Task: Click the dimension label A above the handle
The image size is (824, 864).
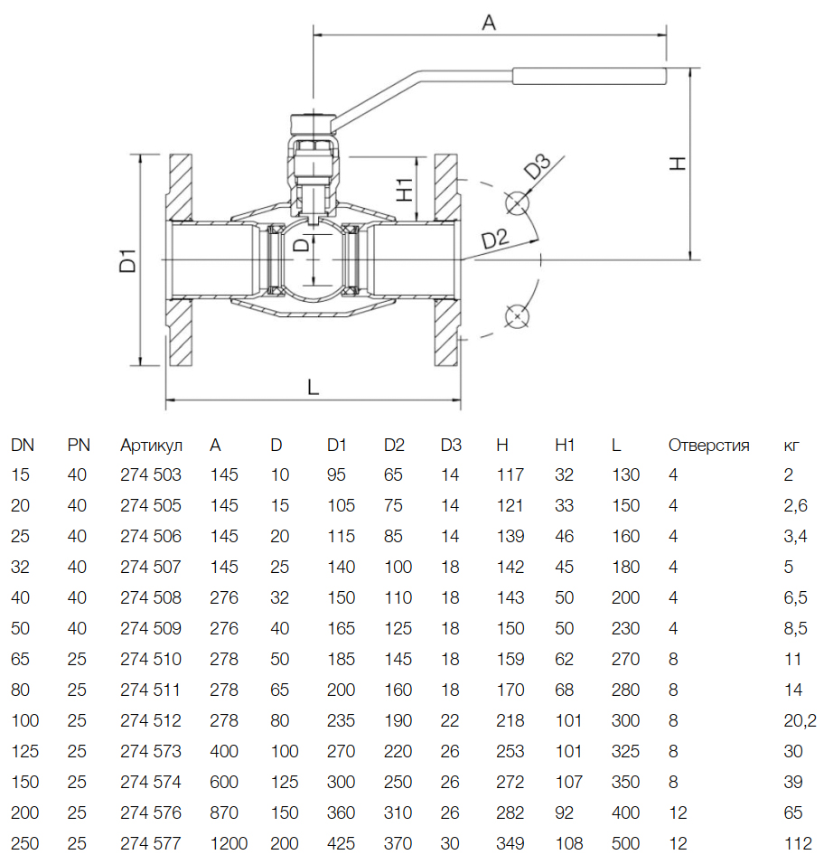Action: tap(489, 23)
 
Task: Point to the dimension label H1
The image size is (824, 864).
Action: tap(405, 189)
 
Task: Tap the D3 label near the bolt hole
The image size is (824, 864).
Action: tap(538, 168)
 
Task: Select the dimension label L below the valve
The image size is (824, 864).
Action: tap(314, 388)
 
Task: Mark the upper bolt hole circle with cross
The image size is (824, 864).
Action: tap(516, 202)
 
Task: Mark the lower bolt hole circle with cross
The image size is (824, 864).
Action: tap(516, 315)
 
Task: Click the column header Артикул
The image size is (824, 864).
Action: tap(151, 445)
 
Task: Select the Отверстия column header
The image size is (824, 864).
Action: tap(708, 445)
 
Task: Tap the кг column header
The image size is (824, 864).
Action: tap(791, 446)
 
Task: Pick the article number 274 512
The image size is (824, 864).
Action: tap(151, 721)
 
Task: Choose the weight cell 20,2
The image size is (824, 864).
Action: tap(800, 721)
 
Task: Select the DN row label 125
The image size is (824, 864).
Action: tap(23, 752)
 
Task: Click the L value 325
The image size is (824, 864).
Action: tap(625, 752)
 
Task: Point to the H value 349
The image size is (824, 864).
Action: tap(510, 844)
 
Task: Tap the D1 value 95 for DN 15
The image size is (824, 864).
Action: tap(336, 475)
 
